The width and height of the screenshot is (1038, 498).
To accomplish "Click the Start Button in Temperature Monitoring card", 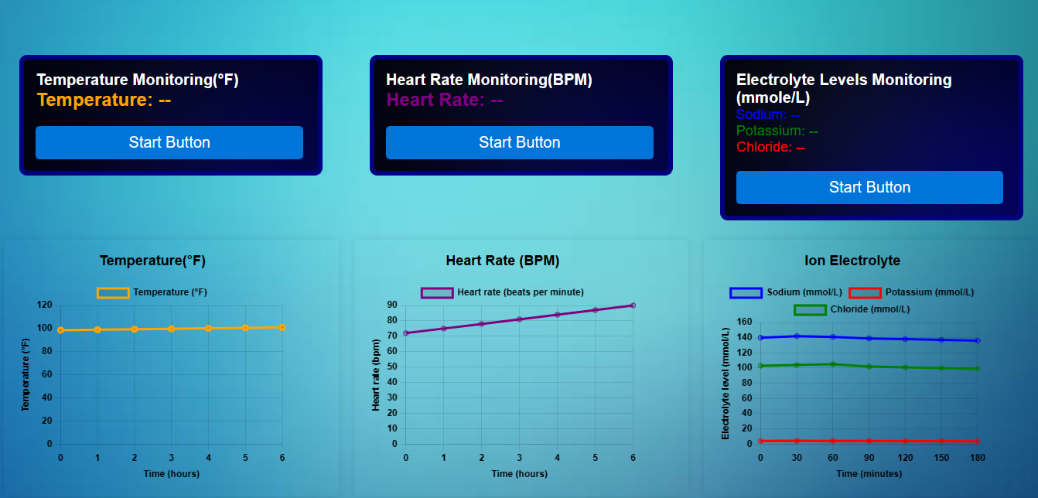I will [169, 142].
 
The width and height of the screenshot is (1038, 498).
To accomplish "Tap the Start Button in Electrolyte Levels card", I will [869, 187].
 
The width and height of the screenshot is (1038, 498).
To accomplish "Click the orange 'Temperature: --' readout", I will [104, 100].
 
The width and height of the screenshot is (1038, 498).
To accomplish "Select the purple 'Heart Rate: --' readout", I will [444, 100].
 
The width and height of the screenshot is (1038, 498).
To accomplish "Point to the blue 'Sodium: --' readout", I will [767, 115].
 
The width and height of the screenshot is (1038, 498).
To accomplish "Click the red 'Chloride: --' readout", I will [770, 147].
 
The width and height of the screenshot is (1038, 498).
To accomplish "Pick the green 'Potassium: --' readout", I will [777, 131].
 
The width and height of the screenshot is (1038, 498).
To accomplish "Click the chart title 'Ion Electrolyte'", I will [852, 261].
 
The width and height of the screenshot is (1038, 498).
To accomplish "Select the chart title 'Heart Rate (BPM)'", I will [502, 261].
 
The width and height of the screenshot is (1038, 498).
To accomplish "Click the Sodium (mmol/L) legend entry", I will [786, 292].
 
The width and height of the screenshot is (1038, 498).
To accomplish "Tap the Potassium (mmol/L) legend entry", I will [911, 292].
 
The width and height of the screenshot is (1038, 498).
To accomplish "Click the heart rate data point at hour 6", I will [633, 305].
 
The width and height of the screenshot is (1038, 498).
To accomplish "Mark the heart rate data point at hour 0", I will [406, 333].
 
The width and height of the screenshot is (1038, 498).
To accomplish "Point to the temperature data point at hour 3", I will [172, 329].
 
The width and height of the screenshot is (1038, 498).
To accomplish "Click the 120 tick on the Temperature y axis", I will [44, 305].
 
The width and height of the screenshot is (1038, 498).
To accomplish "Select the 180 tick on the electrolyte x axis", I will [977, 458].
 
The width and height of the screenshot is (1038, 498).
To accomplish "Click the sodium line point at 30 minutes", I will [797, 336].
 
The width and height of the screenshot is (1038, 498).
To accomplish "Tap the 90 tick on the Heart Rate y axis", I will [391, 305].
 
